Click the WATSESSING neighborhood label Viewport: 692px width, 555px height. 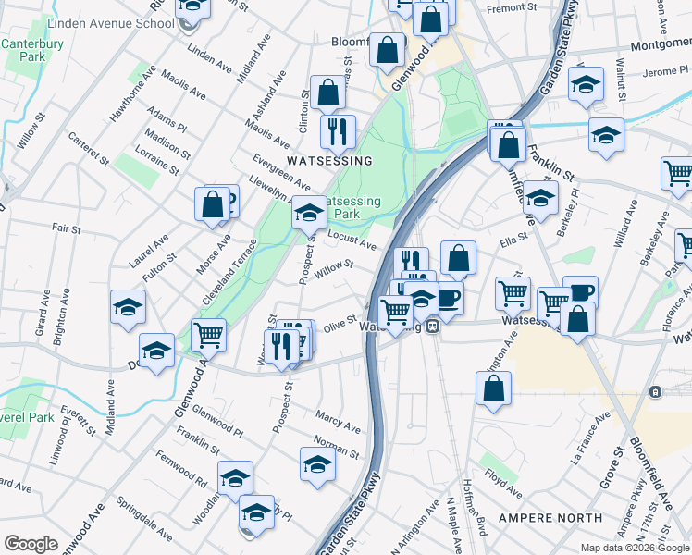tap(329, 161)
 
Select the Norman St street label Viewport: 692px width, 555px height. tap(336, 447)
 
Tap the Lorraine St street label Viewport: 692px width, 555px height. tap(155, 159)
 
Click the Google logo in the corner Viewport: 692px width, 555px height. tap(31, 543)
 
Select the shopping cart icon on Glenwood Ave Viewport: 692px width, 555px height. tap(209, 334)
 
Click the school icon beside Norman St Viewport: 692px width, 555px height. tap(317, 463)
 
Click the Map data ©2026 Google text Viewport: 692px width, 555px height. tap(634, 548)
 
